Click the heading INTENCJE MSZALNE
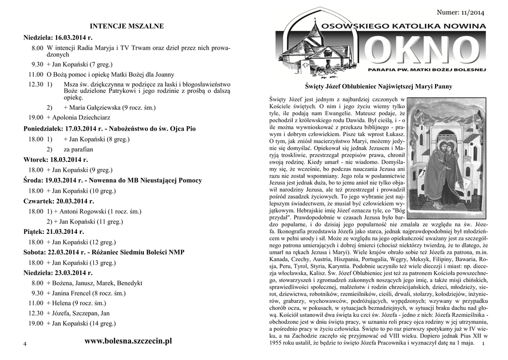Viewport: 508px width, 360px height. [127, 25]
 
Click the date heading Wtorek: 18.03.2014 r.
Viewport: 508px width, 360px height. [56, 159]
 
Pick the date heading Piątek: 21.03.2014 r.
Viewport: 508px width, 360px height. [54, 231]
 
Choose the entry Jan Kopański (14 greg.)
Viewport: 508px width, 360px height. [83, 323]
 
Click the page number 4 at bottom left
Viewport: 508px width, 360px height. [25, 345]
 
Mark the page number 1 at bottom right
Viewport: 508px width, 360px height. [483, 344]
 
